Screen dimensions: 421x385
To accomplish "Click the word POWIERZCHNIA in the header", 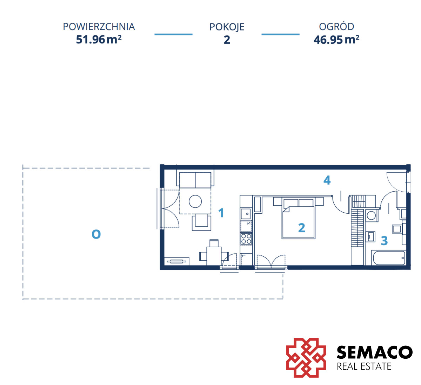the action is [x=99, y=27].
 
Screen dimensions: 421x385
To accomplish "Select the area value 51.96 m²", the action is [x=99, y=39].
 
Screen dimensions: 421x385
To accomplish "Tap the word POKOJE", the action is [x=227, y=27].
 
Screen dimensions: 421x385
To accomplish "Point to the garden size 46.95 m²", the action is [x=336, y=40].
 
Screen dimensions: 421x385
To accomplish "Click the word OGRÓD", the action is [x=336, y=26].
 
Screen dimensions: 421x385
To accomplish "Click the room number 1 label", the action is [x=221, y=213].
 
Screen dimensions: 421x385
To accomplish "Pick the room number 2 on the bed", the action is [x=302, y=228].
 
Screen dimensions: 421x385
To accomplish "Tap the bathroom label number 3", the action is [x=384, y=241].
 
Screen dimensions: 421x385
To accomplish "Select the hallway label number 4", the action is [x=327, y=180].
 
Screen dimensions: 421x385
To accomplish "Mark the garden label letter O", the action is [x=96, y=234].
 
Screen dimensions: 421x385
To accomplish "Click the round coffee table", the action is [x=195, y=201].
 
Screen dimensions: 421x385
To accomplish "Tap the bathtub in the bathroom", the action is [x=389, y=258].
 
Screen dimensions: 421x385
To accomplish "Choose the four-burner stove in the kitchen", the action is [x=246, y=239].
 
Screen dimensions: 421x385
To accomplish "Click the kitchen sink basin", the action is [x=246, y=214].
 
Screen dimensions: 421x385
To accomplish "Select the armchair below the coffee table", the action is [x=201, y=222].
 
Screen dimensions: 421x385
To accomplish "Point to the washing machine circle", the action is [x=371, y=215].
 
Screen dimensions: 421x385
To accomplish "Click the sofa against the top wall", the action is [x=195, y=180].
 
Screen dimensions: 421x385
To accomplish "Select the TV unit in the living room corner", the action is [x=176, y=261].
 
